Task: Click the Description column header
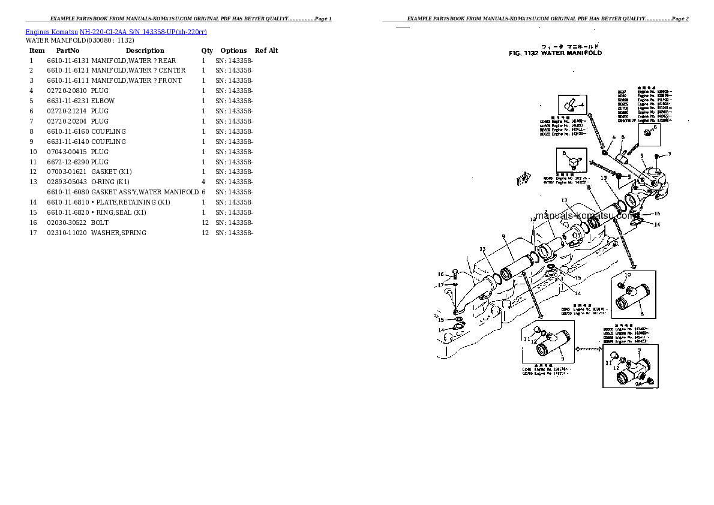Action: pos(145,50)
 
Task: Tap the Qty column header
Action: pos(207,50)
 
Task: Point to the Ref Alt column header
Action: pos(266,50)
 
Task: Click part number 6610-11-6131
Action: pos(67,61)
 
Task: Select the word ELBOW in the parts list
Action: pos(103,101)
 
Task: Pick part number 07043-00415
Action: pos(67,152)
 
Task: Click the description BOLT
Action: pos(100,223)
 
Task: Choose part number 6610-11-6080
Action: pos(67,192)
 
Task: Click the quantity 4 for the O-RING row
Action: pos(203,182)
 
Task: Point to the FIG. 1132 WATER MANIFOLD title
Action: pos(555,53)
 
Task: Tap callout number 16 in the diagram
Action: pos(440,275)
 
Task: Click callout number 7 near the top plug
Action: pos(670,155)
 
